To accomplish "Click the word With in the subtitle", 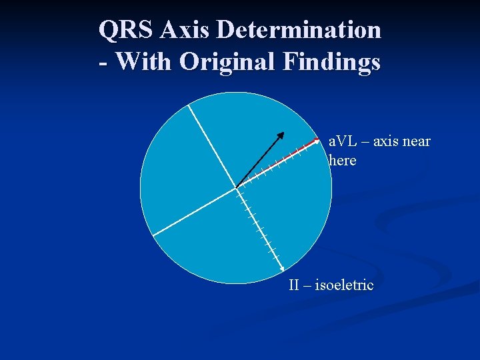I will tap(143, 62).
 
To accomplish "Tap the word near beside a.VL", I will tap(415, 141).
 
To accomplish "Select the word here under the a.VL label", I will tap(343, 161).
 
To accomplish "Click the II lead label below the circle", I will tap(294, 285).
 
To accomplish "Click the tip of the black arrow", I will tap(283, 133).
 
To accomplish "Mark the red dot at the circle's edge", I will tap(317, 140).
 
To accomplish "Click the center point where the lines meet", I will tap(235, 187).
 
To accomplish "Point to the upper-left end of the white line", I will tap(189, 105).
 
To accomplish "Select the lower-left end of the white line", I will tap(153, 235).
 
